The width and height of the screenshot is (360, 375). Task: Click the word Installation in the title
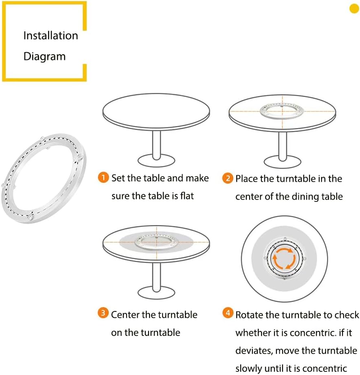50,35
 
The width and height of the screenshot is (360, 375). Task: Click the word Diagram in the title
44,57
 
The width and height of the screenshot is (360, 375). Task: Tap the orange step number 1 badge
103,177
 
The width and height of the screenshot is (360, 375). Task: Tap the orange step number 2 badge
228,178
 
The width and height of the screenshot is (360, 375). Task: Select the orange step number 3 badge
103,313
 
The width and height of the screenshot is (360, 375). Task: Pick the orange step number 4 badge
228,313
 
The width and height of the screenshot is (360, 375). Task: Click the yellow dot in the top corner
354,9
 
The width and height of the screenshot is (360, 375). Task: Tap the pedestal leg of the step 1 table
156,145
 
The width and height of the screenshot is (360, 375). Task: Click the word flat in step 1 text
187,196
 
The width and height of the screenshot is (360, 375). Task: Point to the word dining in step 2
305,196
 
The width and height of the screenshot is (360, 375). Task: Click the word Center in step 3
125,315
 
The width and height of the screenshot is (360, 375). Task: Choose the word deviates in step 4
254,351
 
